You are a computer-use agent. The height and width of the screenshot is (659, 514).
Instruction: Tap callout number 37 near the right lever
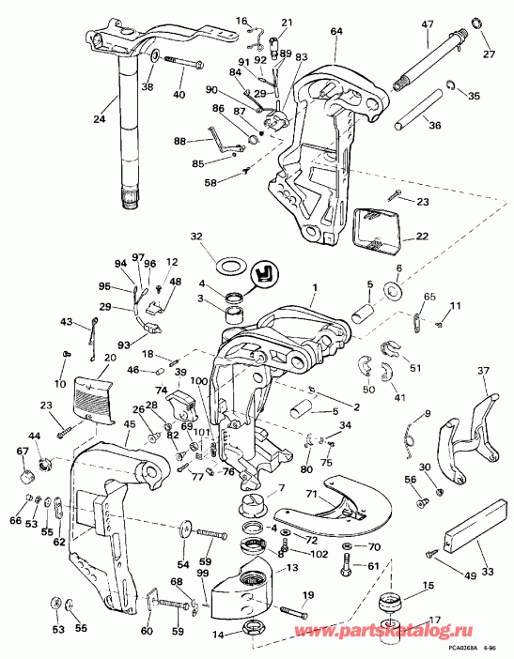pyautogui.click(x=483, y=371)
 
